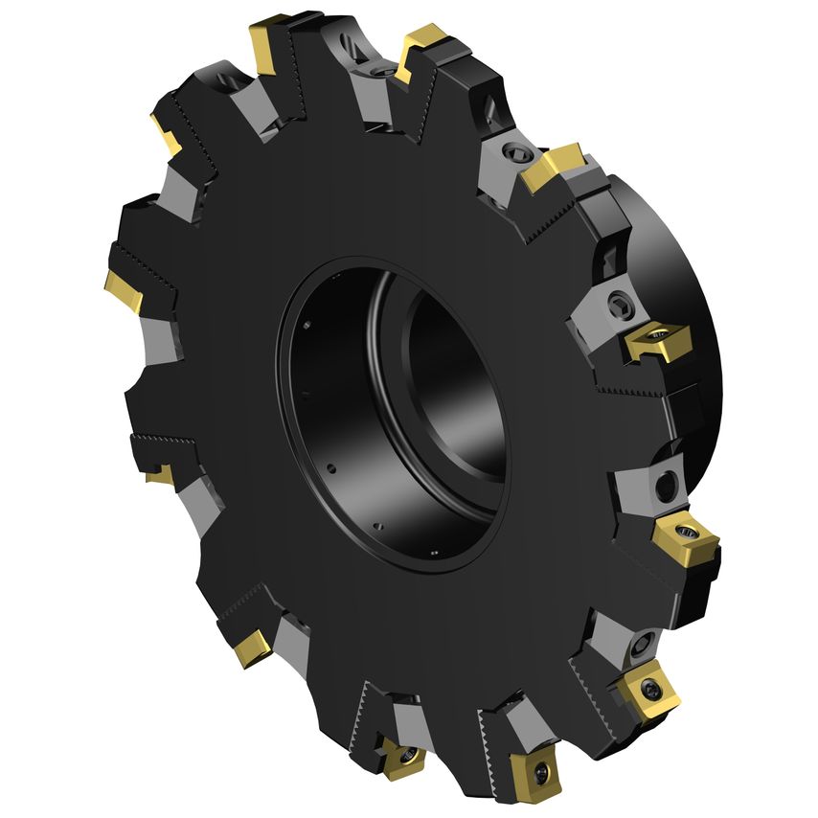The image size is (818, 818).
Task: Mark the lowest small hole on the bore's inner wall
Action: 434,551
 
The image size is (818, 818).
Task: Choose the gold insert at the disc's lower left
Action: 252,647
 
